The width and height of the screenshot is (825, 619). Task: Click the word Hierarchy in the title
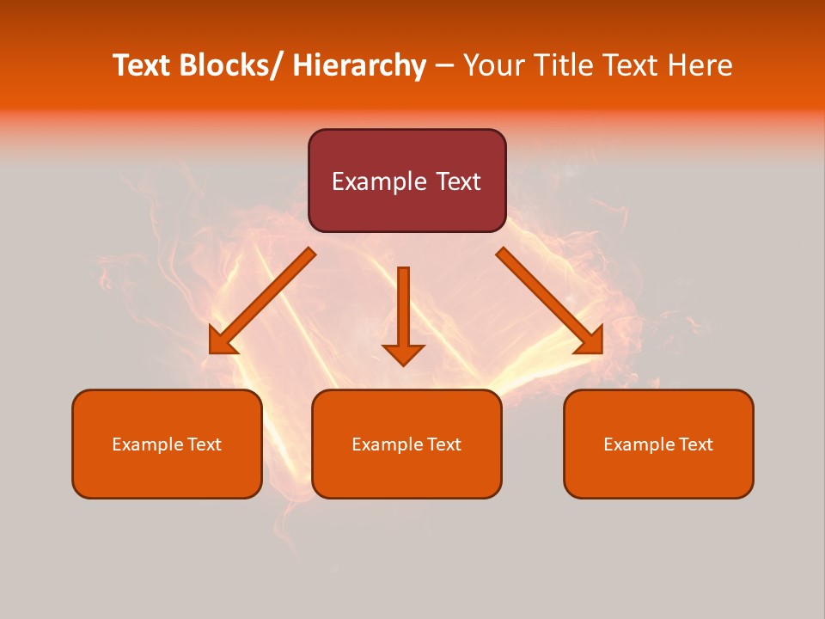point(358,66)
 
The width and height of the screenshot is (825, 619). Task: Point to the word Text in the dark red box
point(458,181)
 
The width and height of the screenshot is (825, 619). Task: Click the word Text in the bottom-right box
point(695,444)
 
